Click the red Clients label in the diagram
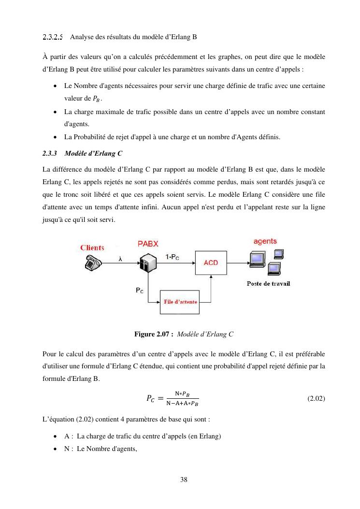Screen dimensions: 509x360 pyautogui.click(x=92, y=248)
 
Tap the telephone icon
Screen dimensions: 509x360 pyautogui.click(x=92, y=262)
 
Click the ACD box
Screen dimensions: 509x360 pyautogui.click(x=211, y=262)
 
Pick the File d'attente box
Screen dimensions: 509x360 pyautogui.click(x=180, y=302)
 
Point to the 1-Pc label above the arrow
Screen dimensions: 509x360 pyautogui.click(x=173, y=257)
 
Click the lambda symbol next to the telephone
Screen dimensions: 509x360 pyautogui.click(x=120, y=259)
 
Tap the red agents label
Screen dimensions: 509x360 pyautogui.click(x=265, y=241)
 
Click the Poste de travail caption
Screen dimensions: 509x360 pyautogui.click(x=268, y=284)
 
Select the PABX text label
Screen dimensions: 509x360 pyautogui.click(x=148, y=243)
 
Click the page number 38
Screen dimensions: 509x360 pyautogui.click(x=184, y=480)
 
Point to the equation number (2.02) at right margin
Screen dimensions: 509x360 pyautogui.click(x=316, y=399)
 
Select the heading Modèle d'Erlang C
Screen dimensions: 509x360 pyautogui.click(x=93, y=154)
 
